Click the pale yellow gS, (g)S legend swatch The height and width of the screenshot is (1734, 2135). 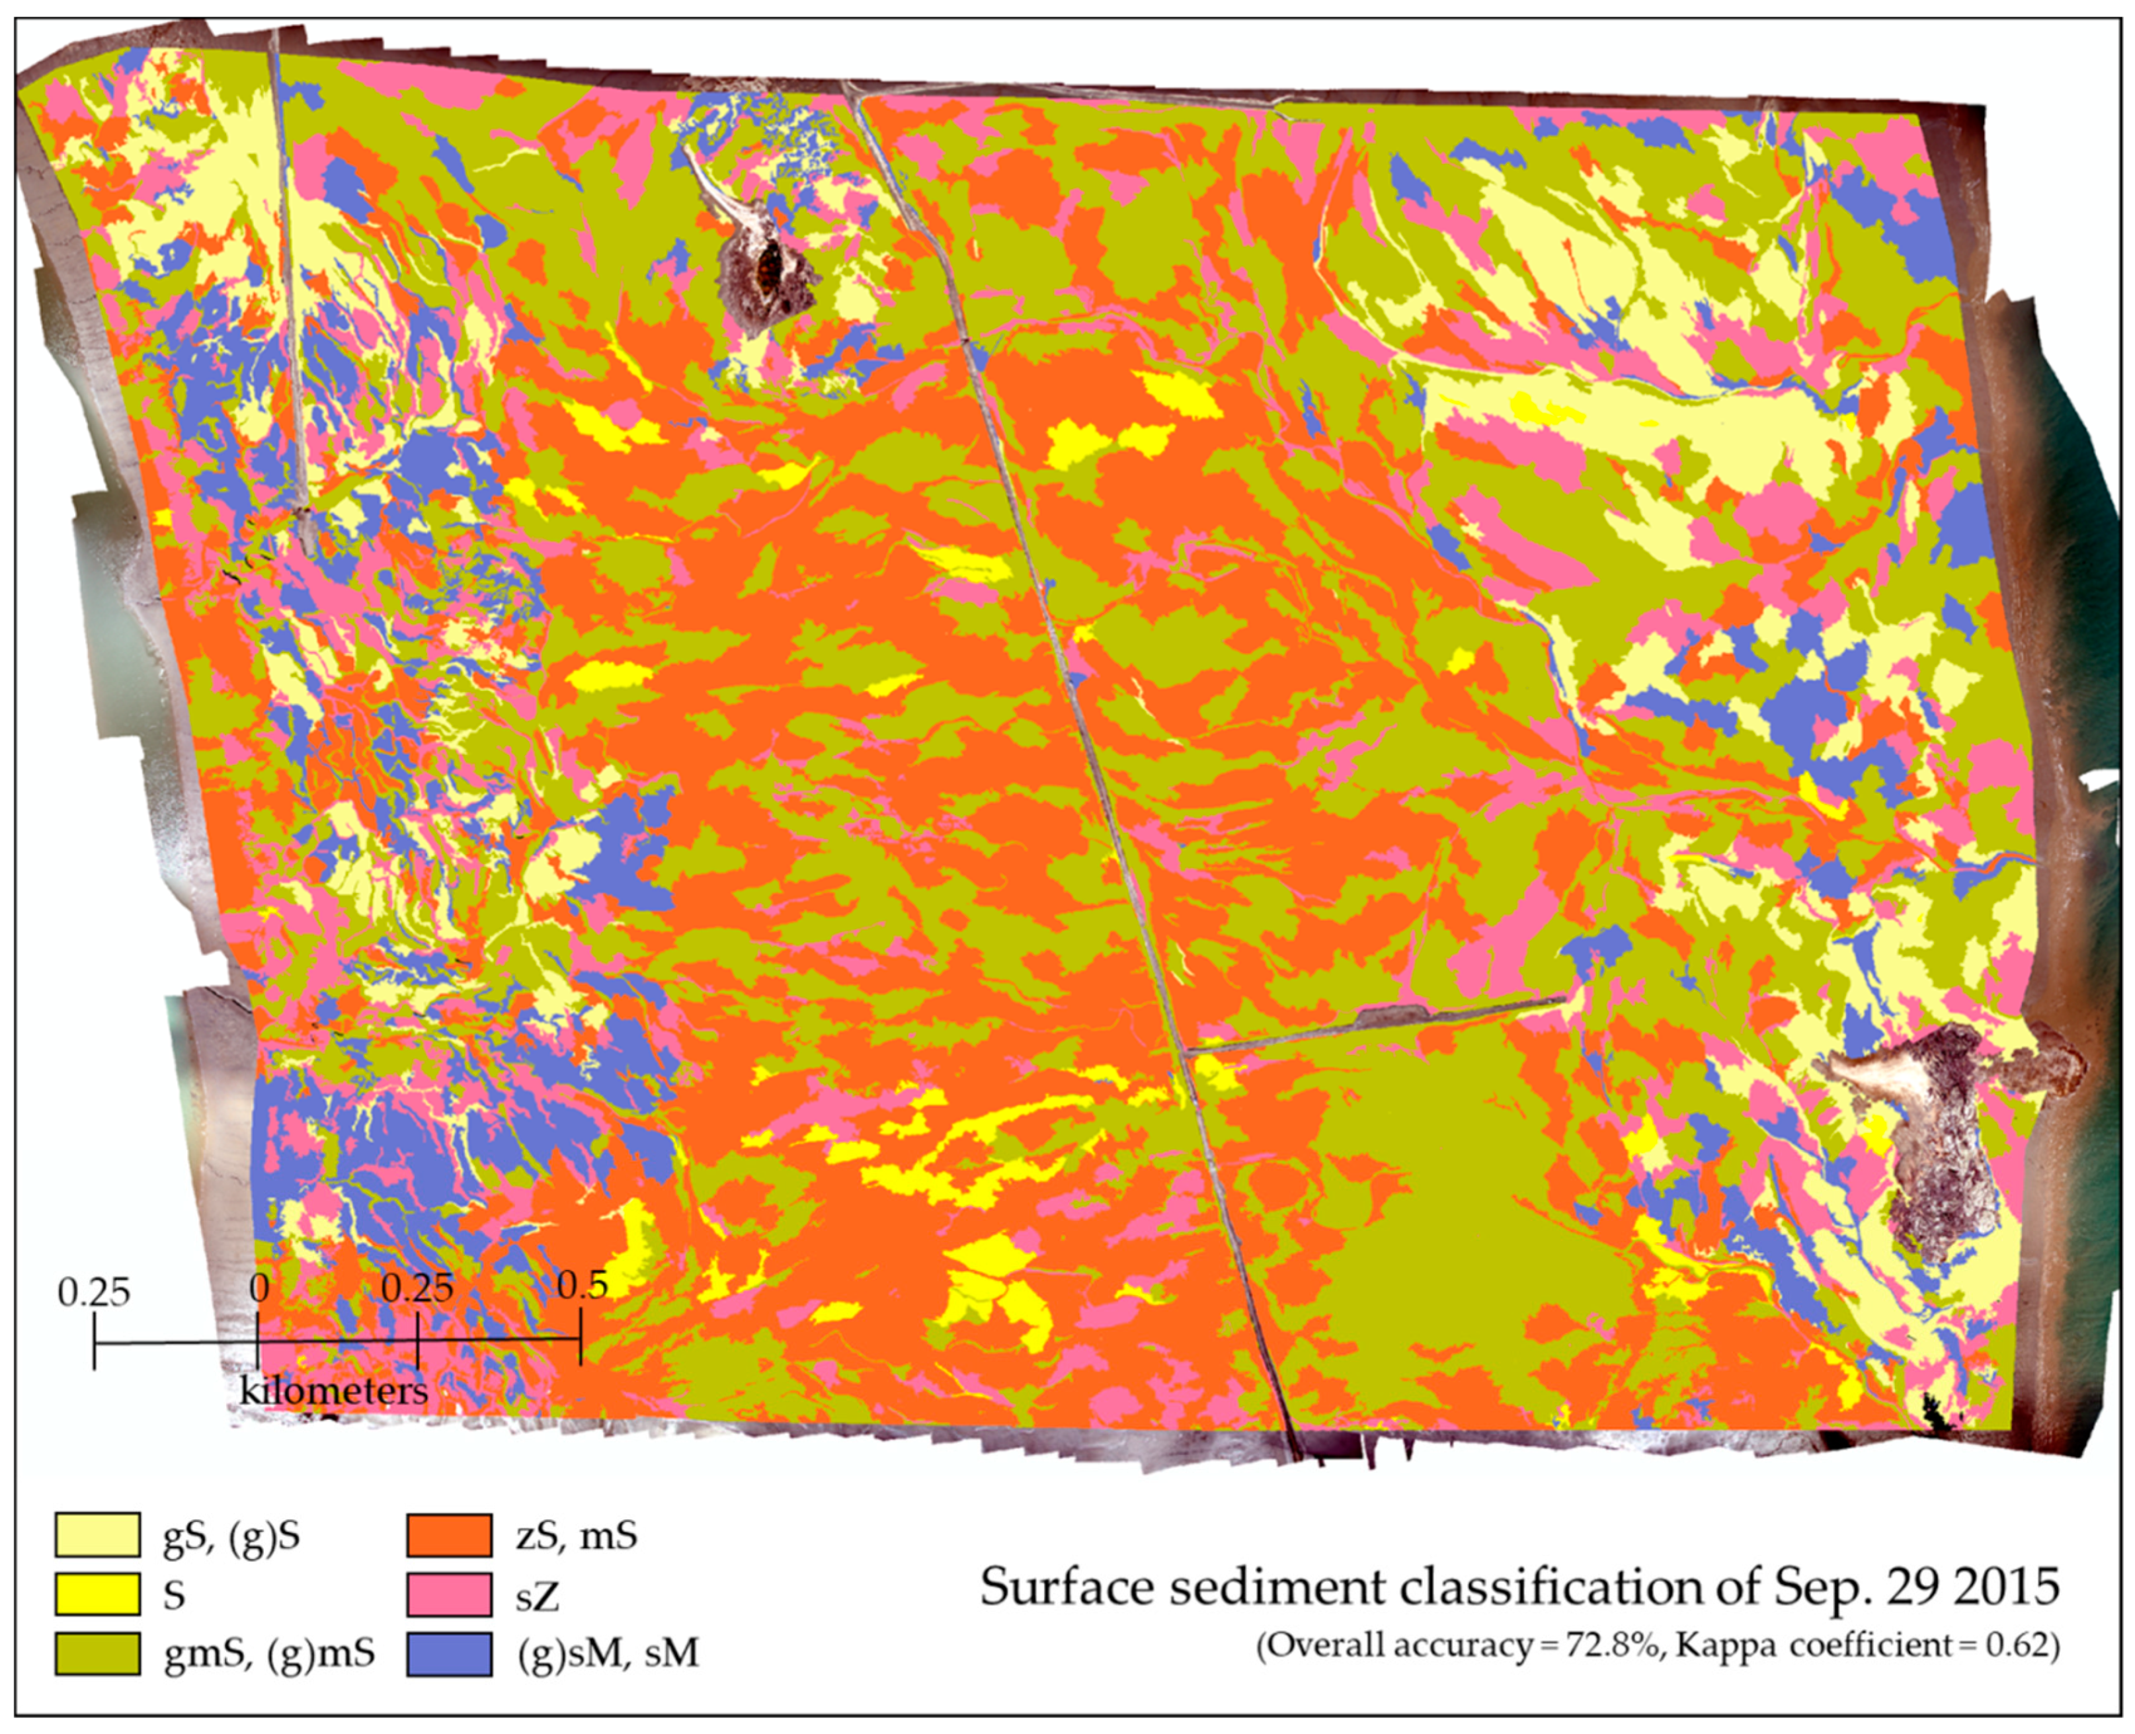97,1535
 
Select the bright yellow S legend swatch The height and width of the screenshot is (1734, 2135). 97,1594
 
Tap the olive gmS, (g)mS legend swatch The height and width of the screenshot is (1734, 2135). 97,1653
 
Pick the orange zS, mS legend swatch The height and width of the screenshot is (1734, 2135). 448,1535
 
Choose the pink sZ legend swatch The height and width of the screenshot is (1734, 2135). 448,1594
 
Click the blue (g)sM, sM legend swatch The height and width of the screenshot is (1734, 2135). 448,1653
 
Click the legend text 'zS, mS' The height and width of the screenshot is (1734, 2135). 577,1536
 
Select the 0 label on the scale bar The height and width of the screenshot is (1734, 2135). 259,1288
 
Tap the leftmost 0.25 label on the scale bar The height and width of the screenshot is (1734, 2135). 94,1292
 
